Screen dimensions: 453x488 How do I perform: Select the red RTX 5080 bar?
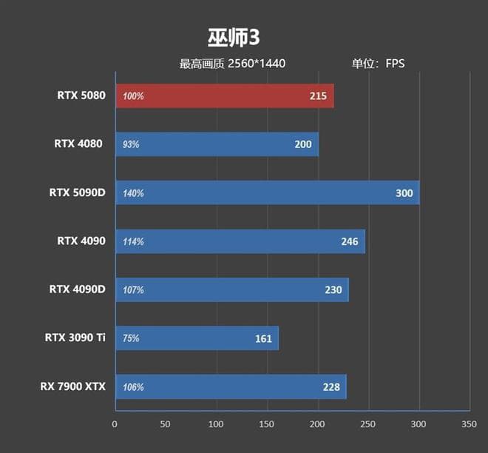pyautogui.click(x=224, y=96)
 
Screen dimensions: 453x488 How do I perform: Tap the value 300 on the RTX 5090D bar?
pyautogui.click(x=404, y=193)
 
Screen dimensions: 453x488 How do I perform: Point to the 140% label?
pyautogui.click(x=134, y=193)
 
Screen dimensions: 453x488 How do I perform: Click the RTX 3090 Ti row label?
pyautogui.click(x=75, y=338)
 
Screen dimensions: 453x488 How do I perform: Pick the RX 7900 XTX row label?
pyautogui.click(x=73, y=386)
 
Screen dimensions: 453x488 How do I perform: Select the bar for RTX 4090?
pyautogui.click(x=240, y=241)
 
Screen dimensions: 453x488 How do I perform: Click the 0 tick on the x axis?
pyautogui.click(x=115, y=425)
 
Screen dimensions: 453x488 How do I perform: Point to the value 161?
pyautogui.click(x=263, y=339)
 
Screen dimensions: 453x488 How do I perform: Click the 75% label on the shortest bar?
pyautogui.click(x=132, y=339)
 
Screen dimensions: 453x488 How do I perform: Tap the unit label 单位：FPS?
pyautogui.click(x=378, y=64)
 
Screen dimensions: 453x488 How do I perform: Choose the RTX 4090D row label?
pyautogui.click(x=77, y=289)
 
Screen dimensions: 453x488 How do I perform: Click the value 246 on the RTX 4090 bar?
pyautogui.click(x=349, y=242)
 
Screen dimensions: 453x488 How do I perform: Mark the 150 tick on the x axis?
pyautogui.click(x=267, y=425)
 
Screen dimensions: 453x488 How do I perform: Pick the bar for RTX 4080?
pyautogui.click(x=217, y=144)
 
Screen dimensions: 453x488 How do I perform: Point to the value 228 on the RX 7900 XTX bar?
pyautogui.click(x=331, y=387)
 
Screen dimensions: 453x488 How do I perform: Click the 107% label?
pyautogui.click(x=134, y=290)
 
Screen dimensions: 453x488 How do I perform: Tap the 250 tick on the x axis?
pyautogui.click(x=368, y=425)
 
